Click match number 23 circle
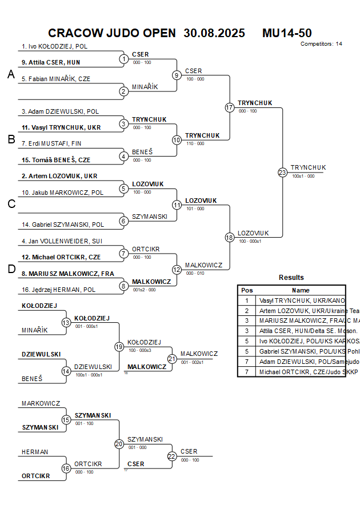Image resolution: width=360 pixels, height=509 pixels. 282,173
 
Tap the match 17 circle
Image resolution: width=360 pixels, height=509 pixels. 229,107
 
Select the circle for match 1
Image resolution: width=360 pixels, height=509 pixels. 124,59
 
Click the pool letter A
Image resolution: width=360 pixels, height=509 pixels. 10,74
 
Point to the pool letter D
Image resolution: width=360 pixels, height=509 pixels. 10,269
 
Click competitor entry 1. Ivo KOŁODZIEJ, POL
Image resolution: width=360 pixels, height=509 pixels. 54,47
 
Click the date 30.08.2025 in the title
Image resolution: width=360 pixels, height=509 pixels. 214,33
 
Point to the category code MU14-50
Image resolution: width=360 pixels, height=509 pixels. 287,33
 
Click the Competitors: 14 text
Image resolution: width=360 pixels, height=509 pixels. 321,44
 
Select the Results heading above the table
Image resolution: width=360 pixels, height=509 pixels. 291,277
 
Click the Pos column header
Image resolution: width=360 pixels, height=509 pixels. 247,290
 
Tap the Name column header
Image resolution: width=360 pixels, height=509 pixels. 301,290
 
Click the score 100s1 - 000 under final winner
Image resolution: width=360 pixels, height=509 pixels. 303,177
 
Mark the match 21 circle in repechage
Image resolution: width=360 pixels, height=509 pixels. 172,359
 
